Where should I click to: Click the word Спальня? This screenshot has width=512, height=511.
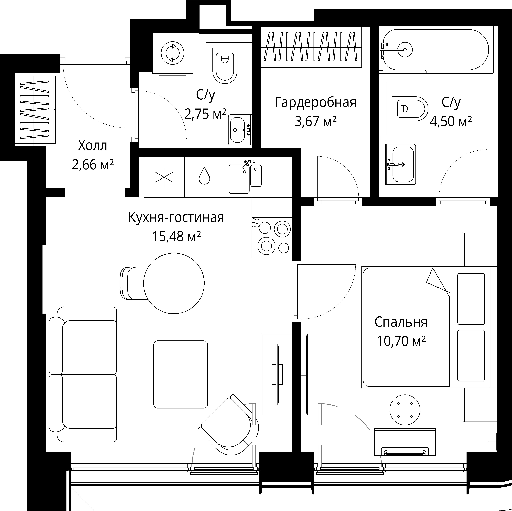tap(401, 322)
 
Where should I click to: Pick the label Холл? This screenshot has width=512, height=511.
tap(93, 146)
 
